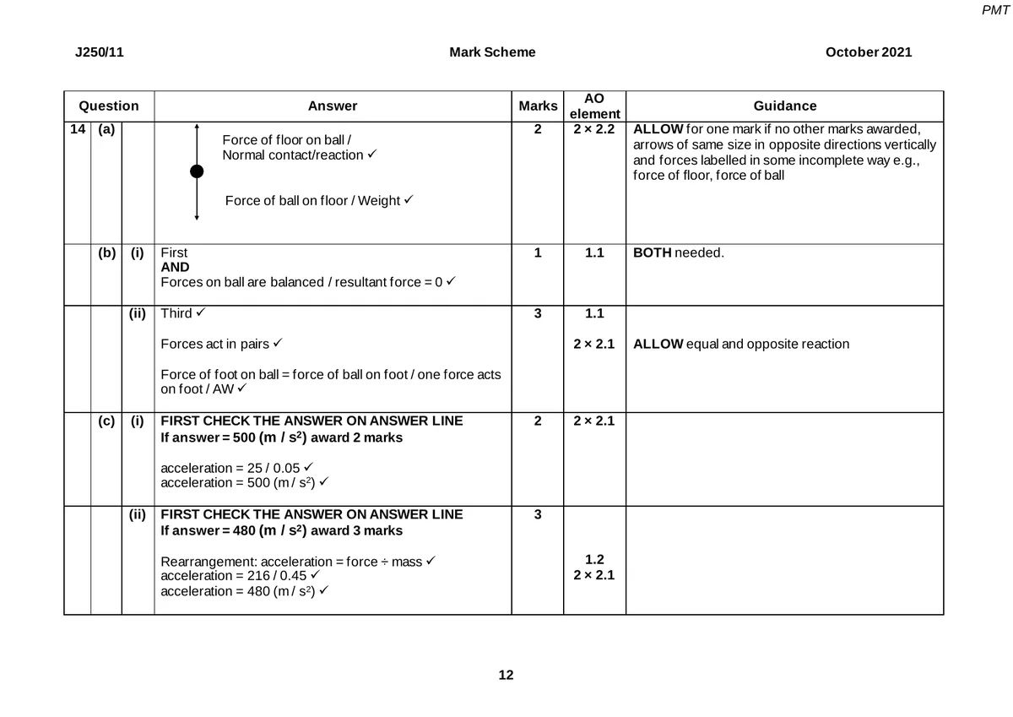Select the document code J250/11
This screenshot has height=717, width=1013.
pyautogui.click(x=99, y=52)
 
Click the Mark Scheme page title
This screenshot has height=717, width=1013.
pyautogui.click(x=492, y=52)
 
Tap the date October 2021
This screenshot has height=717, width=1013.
pyautogui.click(x=869, y=52)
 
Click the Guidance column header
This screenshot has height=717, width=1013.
pyautogui.click(x=784, y=106)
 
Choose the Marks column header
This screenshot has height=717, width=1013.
pyautogui.click(x=538, y=106)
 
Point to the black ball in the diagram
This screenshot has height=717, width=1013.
pyautogui.click(x=197, y=171)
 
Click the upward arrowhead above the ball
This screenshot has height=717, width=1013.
pyautogui.click(x=197, y=127)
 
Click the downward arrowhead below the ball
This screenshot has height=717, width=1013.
pyautogui.click(x=197, y=217)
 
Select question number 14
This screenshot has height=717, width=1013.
pyautogui.click(x=77, y=130)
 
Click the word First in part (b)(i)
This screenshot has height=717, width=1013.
pyautogui.click(x=174, y=253)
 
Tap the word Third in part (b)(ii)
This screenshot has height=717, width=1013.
pyautogui.click(x=176, y=313)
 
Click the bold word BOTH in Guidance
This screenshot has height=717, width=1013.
pyautogui.click(x=652, y=253)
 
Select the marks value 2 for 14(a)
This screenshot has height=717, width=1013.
pyautogui.click(x=538, y=130)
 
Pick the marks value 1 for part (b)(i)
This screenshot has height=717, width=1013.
pyautogui.click(x=538, y=253)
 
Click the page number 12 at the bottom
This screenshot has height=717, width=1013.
pyautogui.click(x=506, y=675)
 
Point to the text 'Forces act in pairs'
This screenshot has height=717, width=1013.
pyautogui.click(x=214, y=344)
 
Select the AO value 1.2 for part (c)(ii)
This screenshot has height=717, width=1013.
pyautogui.click(x=594, y=559)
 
